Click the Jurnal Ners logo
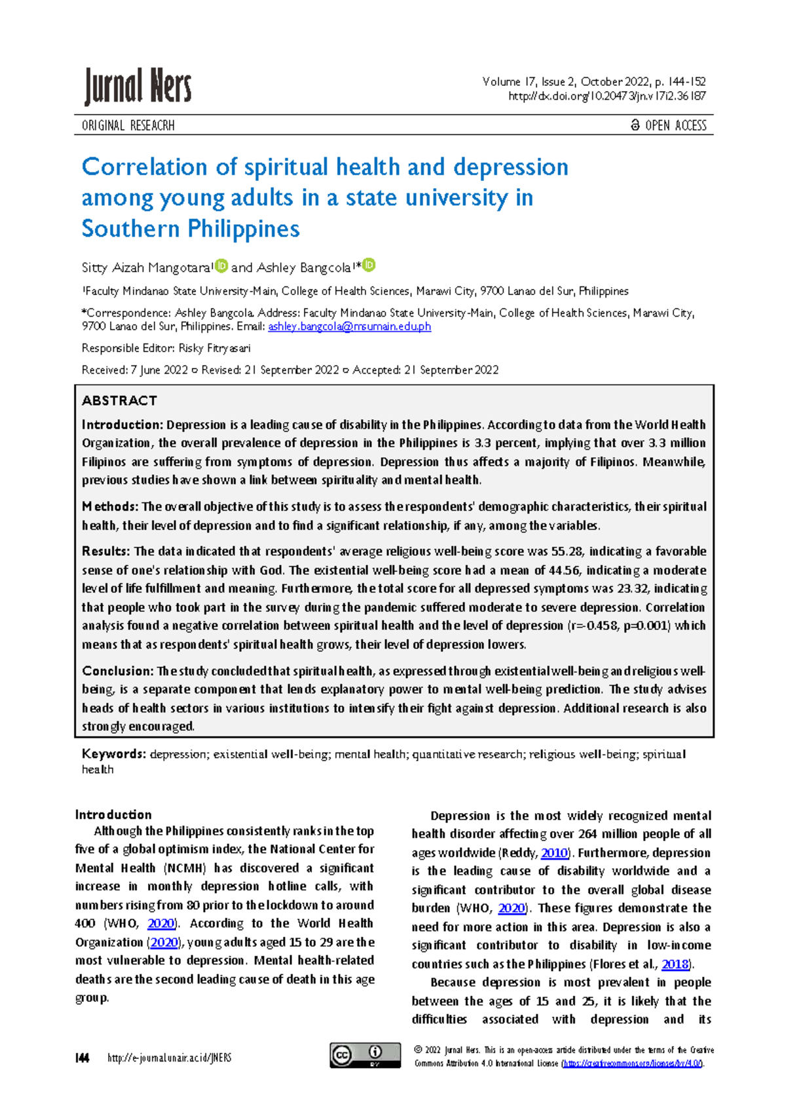pos(138,87)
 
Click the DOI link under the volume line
pos(607,96)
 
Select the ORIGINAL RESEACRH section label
pos(128,125)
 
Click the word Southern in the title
pos(130,229)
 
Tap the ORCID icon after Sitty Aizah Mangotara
pos(221,266)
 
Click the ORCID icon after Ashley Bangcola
pos(369,266)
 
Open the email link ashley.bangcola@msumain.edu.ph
pos(349,327)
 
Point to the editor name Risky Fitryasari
pos(214,348)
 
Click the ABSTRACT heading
pos(119,401)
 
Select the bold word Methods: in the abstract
pos(110,507)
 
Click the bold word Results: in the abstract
pos(106,551)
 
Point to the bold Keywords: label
pos(113,754)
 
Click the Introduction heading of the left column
pos(113,815)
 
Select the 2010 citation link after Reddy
pos(554,853)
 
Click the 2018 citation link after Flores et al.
pos(675,964)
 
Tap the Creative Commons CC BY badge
pos(365,1055)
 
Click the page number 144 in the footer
pos(83,1058)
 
